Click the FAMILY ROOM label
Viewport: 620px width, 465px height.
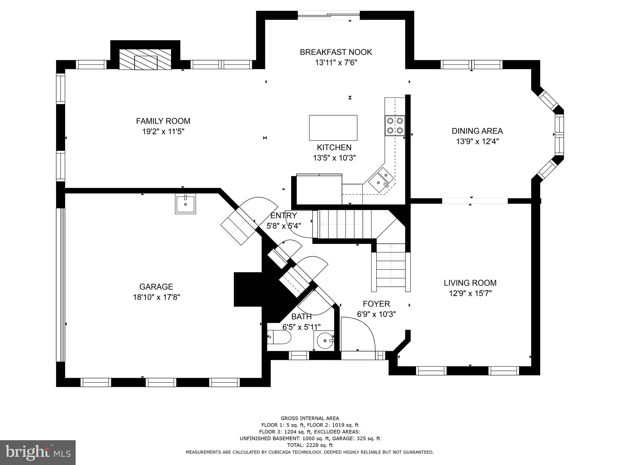click(x=163, y=121)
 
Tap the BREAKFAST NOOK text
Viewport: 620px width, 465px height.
click(x=336, y=52)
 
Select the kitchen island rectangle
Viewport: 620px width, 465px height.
click(x=333, y=128)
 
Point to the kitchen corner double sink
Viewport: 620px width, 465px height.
click(x=381, y=179)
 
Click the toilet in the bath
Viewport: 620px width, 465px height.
click(x=280, y=337)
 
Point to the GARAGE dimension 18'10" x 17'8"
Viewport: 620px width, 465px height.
click(x=156, y=297)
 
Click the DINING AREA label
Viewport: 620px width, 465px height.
click(x=477, y=131)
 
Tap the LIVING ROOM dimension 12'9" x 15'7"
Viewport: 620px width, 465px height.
click(x=470, y=293)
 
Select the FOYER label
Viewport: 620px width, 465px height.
click(x=376, y=304)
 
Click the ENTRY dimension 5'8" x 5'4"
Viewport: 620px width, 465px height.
click(x=283, y=226)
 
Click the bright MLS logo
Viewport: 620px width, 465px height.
click(x=38, y=452)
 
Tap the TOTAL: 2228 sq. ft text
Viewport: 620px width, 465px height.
click(x=310, y=445)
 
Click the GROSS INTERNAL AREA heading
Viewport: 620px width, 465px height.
click(x=310, y=418)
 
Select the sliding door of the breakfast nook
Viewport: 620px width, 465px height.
click(x=329, y=15)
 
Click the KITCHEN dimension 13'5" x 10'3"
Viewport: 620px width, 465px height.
click(x=334, y=158)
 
